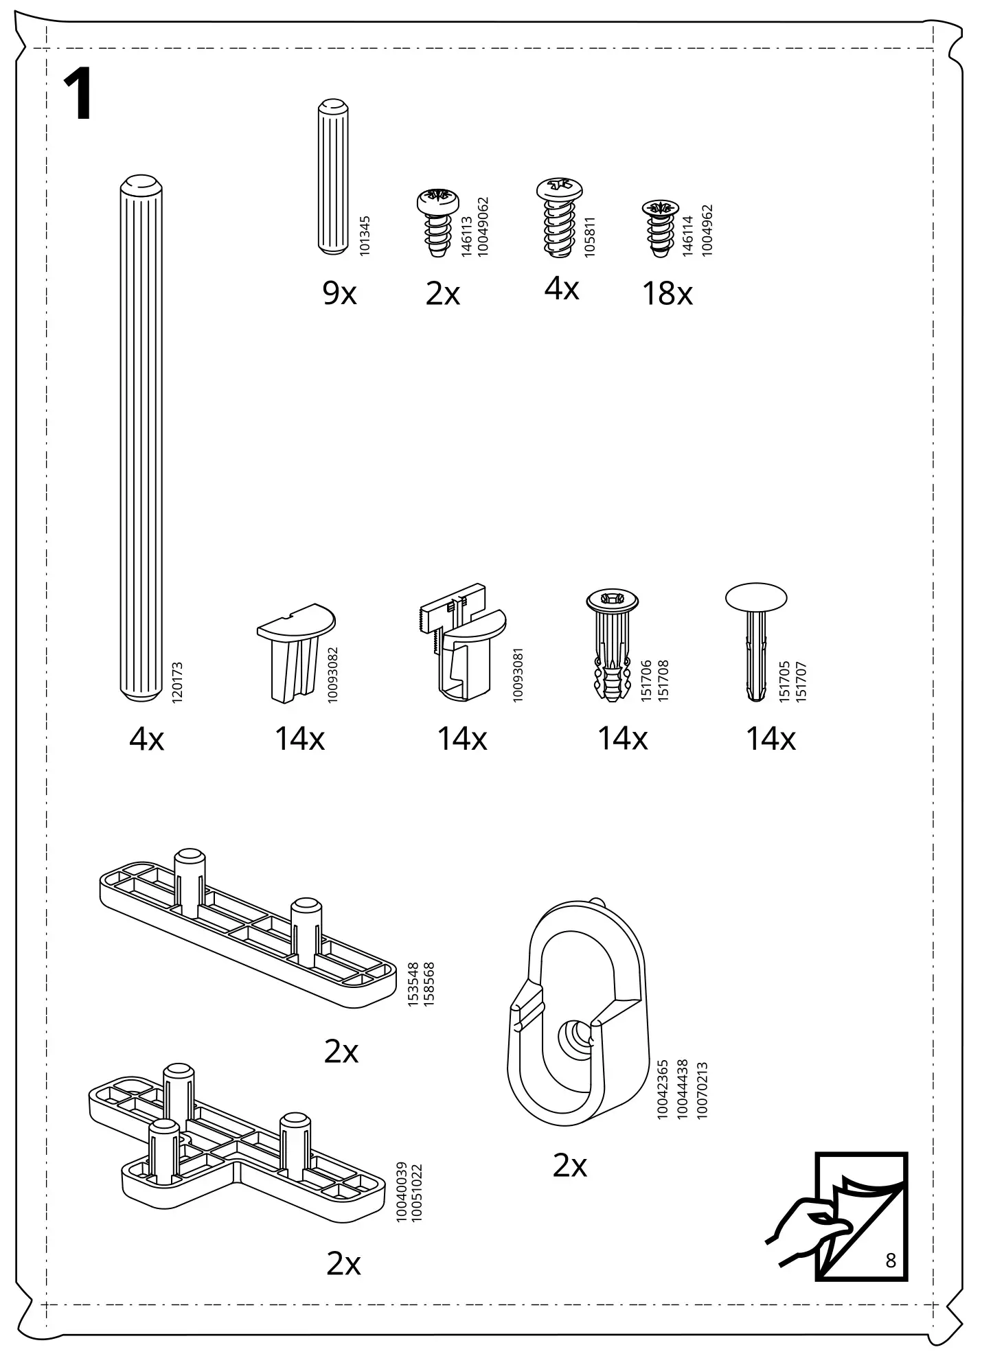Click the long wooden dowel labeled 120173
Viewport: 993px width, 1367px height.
pos(141,439)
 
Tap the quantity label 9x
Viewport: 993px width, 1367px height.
pos(339,294)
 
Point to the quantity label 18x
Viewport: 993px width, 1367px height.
pos(667,294)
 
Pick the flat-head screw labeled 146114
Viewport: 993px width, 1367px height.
pos(660,228)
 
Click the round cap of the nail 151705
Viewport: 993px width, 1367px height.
pos(756,597)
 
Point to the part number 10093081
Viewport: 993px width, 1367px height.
pos(518,674)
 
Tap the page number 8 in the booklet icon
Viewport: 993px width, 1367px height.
pos(891,1261)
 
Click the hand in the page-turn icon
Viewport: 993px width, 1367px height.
pos(807,1228)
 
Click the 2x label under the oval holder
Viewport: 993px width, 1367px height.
pos(569,1166)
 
